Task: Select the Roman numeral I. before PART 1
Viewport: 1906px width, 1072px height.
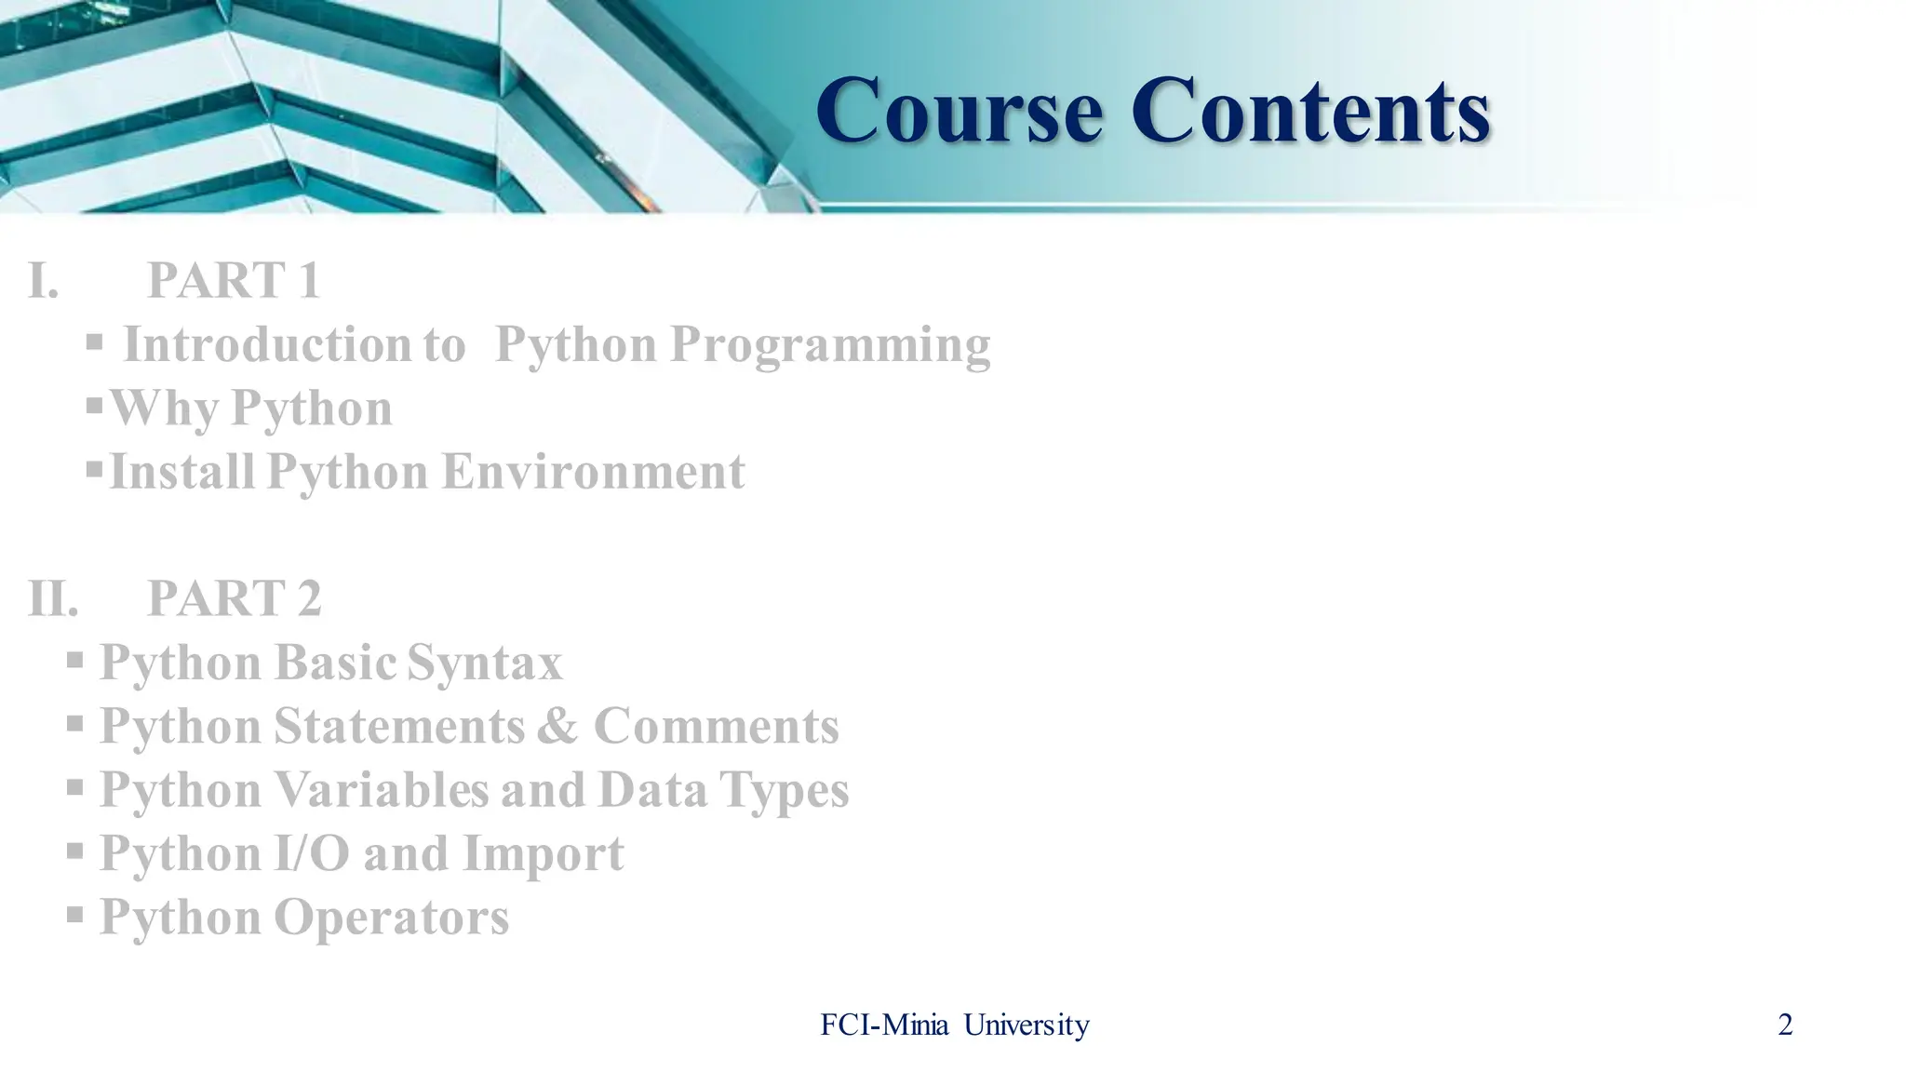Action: (44, 281)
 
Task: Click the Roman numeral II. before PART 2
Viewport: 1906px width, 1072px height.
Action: (53, 598)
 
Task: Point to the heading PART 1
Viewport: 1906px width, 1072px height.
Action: (234, 281)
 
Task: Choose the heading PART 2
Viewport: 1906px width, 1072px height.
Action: (234, 598)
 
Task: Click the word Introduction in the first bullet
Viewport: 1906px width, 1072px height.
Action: (269, 345)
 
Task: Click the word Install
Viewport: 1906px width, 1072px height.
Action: (182, 472)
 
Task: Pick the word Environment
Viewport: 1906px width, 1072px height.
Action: (593, 472)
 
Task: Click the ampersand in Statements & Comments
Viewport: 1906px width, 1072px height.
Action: (557, 727)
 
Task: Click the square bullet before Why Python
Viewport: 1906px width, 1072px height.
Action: (94, 406)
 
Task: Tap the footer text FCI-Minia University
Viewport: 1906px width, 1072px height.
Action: (954, 1025)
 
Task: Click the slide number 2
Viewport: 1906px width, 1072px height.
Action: (1784, 1025)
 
